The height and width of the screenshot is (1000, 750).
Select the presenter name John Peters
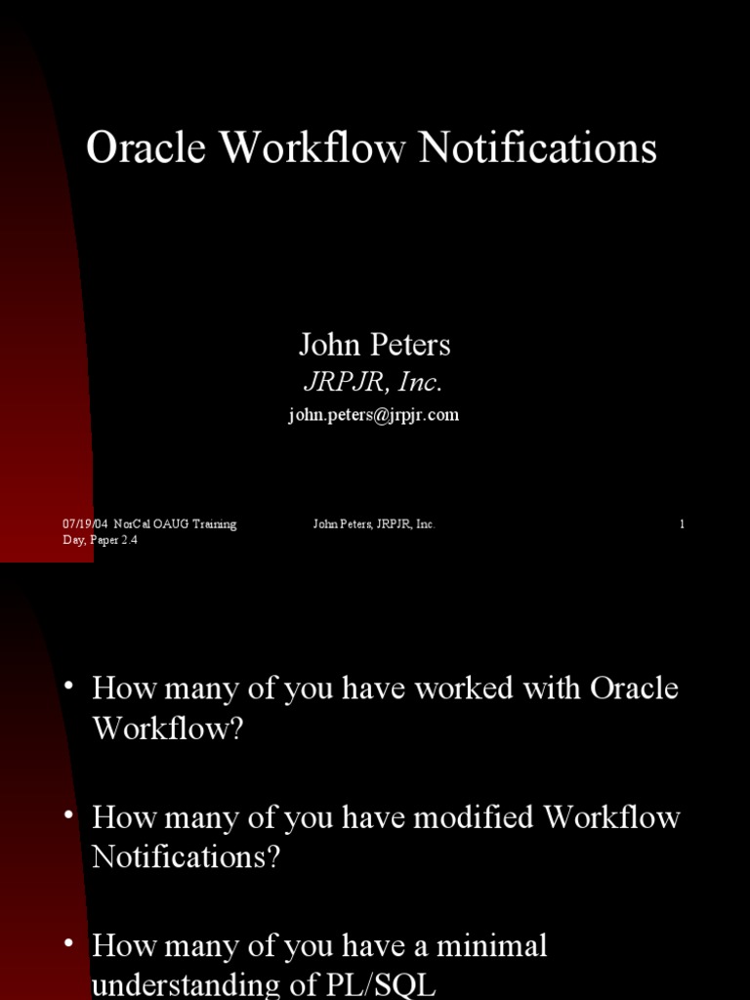click(374, 345)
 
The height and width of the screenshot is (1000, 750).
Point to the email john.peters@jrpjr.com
click(373, 415)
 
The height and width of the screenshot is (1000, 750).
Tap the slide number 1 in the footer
click(682, 524)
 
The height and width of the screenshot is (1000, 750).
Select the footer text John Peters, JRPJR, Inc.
click(374, 524)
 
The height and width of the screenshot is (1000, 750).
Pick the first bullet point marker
click(68, 686)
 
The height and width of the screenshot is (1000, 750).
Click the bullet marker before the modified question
click(68, 814)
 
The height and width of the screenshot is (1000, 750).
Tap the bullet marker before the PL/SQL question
click(68, 943)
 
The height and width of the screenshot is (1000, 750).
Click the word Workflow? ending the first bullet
click(167, 729)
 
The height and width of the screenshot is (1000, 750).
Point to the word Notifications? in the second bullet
click(186, 857)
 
